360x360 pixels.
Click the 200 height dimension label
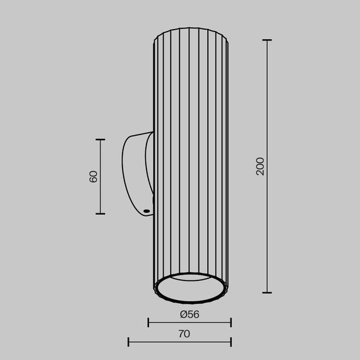[x=260, y=166]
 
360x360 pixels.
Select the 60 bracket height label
[x=93, y=176]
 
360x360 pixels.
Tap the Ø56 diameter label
[x=189, y=314]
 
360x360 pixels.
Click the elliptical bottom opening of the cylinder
[x=189, y=289]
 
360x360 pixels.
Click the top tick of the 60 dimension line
[x=100, y=139]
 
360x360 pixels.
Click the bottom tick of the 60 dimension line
[x=100, y=213]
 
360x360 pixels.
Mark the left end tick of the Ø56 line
[x=148, y=323]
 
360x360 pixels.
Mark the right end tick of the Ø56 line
[x=231, y=323]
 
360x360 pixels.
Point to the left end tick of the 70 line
[x=128, y=342]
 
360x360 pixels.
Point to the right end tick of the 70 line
[x=231, y=342]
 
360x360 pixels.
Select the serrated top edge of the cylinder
[x=189, y=29]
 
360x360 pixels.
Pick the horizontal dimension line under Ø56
[x=189, y=323]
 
